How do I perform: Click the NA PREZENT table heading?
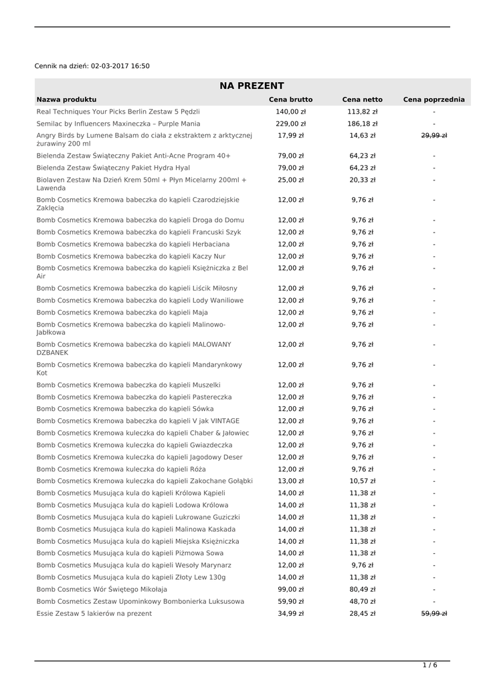(x=252, y=85)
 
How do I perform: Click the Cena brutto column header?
(x=290, y=100)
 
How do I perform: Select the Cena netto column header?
(x=363, y=100)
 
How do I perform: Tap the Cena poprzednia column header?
(x=433, y=100)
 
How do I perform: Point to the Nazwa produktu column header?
(x=66, y=100)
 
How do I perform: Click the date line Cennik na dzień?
(x=92, y=66)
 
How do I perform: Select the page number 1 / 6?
(x=430, y=665)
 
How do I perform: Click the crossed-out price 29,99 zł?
(x=433, y=136)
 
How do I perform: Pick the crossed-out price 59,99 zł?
(x=433, y=613)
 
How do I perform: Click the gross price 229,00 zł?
(x=290, y=124)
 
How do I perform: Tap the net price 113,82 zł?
(x=363, y=112)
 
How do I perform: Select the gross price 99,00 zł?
(x=290, y=589)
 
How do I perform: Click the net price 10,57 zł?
(x=363, y=481)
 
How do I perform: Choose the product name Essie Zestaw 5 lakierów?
(x=94, y=613)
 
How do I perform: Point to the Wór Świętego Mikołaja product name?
(x=102, y=589)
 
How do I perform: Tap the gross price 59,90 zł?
(x=290, y=601)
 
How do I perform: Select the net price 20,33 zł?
(x=363, y=180)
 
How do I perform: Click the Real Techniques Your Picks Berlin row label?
(x=118, y=112)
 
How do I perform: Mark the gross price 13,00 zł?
(x=290, y=481)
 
